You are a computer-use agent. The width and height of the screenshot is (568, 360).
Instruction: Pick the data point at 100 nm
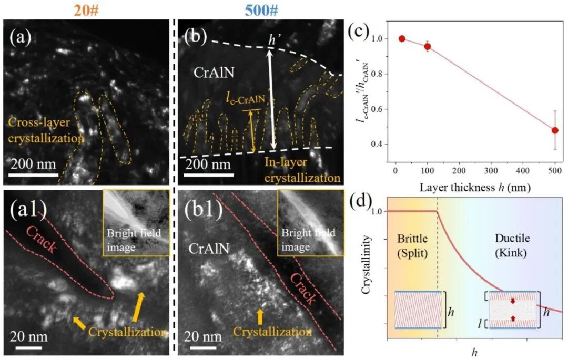[x=428, y=46]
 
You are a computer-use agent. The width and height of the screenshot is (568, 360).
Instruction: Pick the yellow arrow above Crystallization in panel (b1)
[x=259, y=315]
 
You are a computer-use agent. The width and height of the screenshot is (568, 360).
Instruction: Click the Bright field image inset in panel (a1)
[x=135, y=223]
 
